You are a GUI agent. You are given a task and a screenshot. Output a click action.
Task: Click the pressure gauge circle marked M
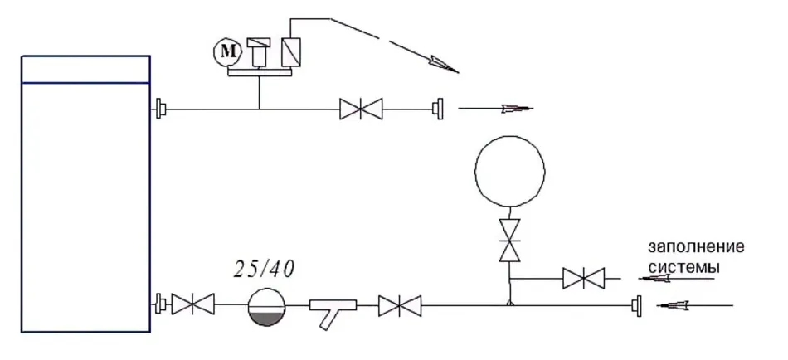(x=228, y=53)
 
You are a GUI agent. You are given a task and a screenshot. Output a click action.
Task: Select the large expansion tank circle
(x=509, y=171)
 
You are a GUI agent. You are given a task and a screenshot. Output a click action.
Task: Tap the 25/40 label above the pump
(x=264, y=270)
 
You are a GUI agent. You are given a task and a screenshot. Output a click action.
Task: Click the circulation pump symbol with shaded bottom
(x=266, y=306)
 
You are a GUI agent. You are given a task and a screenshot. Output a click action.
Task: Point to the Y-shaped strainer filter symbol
(x=332, y=309)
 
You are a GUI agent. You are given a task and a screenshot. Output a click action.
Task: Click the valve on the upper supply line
(x=361, y=109)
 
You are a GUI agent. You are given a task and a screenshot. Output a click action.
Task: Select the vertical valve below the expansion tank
(x=509, y=241)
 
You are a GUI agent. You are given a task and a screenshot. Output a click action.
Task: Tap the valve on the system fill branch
(x=583, y=278)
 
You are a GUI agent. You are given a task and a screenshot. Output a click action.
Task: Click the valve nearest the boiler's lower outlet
(x=193, y=304)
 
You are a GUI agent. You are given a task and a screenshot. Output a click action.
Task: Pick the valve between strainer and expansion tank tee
(x=400, y=306)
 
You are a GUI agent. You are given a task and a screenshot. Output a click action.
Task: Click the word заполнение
(x=696, y=247)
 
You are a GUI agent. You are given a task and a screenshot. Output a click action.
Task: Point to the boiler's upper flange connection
(x=160, y=108)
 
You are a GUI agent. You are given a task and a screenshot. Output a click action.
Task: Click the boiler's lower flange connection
(x=160, y=304)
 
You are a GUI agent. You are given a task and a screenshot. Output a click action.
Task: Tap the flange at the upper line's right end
(x=439, y=109)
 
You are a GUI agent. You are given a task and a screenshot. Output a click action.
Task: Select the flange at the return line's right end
(x=637, y=306)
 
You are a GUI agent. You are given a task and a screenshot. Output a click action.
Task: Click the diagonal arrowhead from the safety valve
(x=442, y=66)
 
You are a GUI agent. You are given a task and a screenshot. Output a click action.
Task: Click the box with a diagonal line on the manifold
(x=291, y=51)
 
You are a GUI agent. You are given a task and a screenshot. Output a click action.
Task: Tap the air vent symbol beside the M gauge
(x=260, y=51)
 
